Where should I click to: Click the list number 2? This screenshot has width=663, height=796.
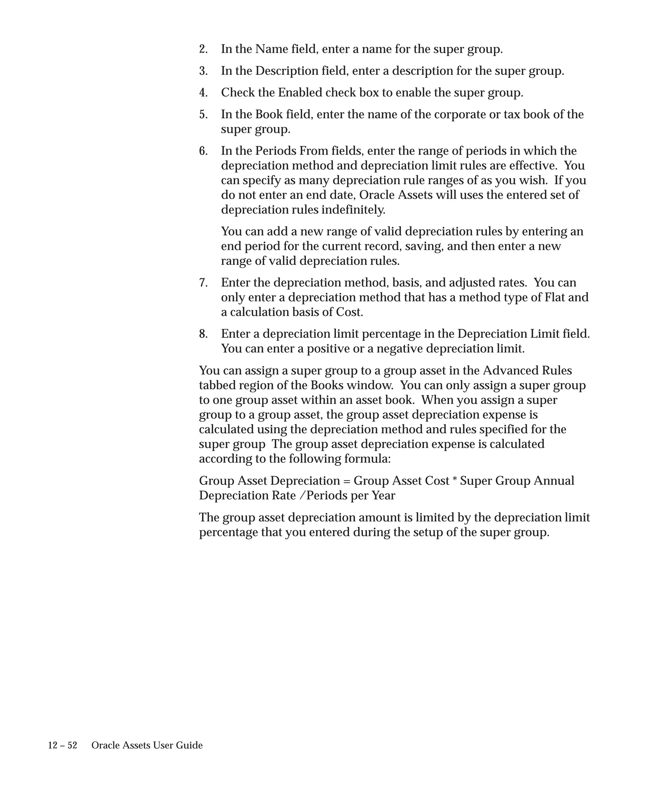(x=203, y=49)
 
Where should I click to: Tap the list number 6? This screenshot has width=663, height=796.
(x=203, y=151)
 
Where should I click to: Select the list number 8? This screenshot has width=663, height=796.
(x=203, y=334)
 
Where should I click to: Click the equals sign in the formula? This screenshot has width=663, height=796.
(x=347, y=481)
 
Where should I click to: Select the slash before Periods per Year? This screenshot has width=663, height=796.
(x=302, y=496)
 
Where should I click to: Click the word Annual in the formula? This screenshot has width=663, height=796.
(x=554, y=481)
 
